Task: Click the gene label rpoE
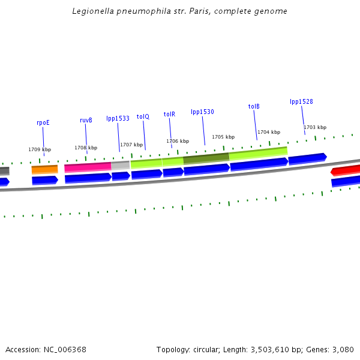(x=43, y=122)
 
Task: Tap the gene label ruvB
(x=86, y=120)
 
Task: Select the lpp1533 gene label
(x=118, y=118)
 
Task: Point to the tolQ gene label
(x=143, y=116)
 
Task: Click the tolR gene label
(x=169, y=114)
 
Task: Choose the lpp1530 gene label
(x=202, y=112)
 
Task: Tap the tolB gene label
(x=254, y=106)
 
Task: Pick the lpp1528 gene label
(x=301, y=101)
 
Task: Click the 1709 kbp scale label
(x=40, y=149)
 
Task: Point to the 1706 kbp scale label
(x=178, y=141)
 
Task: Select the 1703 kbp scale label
(x=315, y=127)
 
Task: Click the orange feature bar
(x=45, y=170)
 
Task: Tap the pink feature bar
(x=88, y=167)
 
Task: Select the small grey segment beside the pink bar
(x=120, y=165)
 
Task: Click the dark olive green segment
(x=206, y=158)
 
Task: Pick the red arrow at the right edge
(x=346, y=171)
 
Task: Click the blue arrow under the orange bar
(x=45, y=180)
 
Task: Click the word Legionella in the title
(x=89, y=11)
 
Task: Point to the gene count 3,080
(x=343, y=349)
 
